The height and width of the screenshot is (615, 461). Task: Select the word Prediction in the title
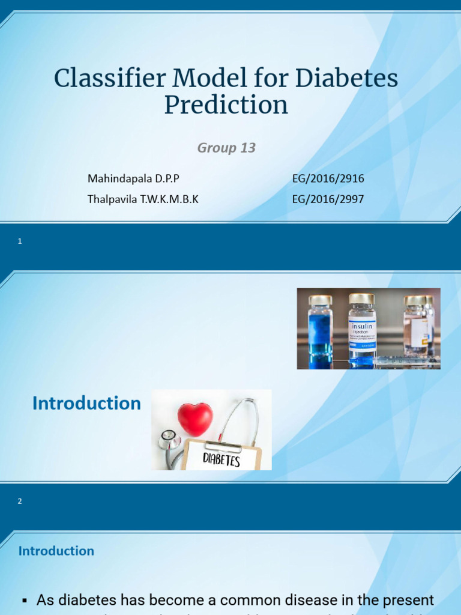(226, 105)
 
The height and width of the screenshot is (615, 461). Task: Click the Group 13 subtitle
(226, 148)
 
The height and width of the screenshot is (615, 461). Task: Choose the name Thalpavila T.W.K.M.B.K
(143, 199)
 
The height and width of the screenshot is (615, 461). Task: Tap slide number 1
(20, 241)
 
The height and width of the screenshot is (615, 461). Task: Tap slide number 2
(20, 501)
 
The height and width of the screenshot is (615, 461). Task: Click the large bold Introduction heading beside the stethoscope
(86, 403)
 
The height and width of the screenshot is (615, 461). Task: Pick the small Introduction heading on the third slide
(56, 551)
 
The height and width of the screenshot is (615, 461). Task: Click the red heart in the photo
(195, 419)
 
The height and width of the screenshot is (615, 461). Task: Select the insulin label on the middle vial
(362, 327)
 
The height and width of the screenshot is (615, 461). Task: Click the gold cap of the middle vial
(361, 298)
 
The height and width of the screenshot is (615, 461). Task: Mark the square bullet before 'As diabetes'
(25, 600)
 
